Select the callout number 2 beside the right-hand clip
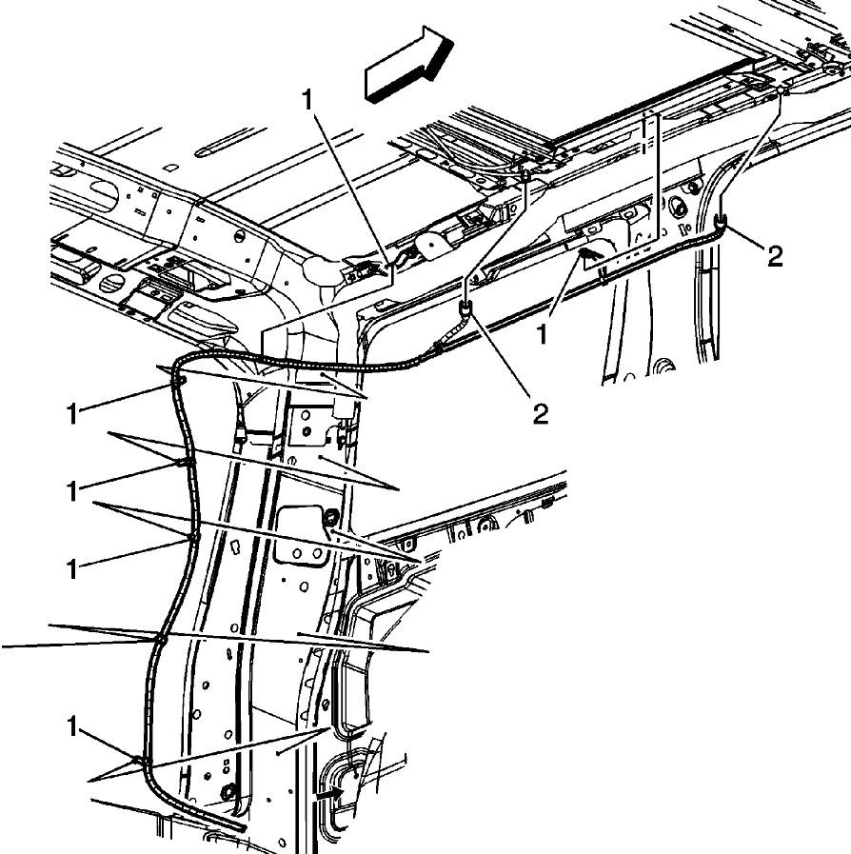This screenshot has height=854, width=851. pos(775,257)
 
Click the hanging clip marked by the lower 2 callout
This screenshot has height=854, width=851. pos(465,308)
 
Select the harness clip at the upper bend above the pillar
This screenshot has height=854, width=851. pos(179,380)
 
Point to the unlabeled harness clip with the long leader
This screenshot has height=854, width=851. pos(160,640)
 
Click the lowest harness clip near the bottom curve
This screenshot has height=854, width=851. pos(141,761)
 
